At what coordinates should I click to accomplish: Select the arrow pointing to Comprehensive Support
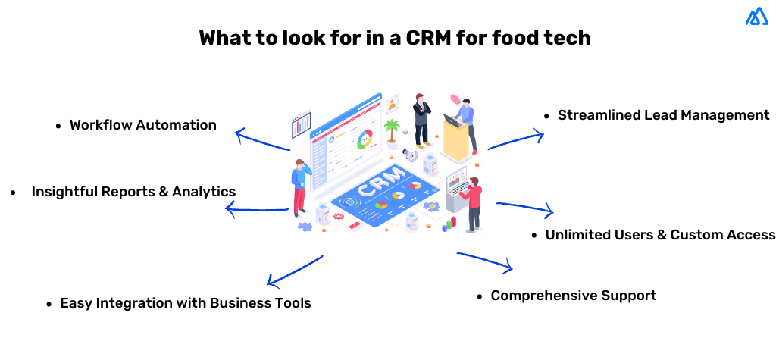(486, 261)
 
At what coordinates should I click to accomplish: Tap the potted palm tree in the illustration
(391, 131)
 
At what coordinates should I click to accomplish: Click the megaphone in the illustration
(409, 155)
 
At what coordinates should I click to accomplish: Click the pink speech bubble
(455, 99)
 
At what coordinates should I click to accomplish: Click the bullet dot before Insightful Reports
(13, 193)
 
